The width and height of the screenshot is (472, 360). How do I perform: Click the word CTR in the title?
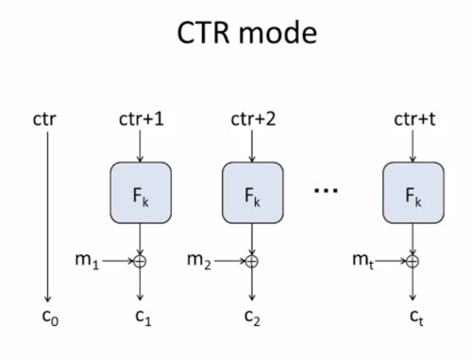pyautogui.click(x=204, y=33)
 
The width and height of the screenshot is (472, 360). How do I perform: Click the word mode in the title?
pyautogui.click(x=278, y=33)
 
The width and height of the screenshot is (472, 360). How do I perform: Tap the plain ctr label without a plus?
pyautogui.click(x=44, y=119)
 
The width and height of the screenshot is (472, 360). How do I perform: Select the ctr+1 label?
pyautogui.click(x=142, y=119)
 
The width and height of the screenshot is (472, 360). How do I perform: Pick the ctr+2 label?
pyautogui.click(x=253, y=119)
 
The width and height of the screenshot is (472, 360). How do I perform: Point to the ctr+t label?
pyautogui.click(x=414, y=119)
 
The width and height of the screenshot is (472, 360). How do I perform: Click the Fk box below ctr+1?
pyautogui.click(x=141, y=193)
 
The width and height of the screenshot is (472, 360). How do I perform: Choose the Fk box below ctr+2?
pyautogui.click(x=253, y=193)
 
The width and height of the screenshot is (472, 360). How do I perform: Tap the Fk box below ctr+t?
pyautogui.click(x=413, y=193)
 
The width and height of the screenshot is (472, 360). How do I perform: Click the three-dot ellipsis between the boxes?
pyautogui.click(x=326, y=190)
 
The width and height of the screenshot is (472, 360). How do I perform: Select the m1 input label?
pyautogui.click(x=87, y=261)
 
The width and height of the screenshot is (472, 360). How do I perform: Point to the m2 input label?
pyautogui.click(x=199, y=261)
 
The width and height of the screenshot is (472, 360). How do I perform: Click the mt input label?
pyautogui.click(x=363, y=261)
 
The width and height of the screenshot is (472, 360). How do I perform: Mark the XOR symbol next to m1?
pyautogui.click(x=140, y=261)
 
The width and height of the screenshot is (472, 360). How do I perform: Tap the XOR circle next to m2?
pyautogui.click(x=252, y=261)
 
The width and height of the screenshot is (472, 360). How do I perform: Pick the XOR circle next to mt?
pyautogui.click(x=413, y=261)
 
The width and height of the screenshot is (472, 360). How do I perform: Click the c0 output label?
pyautogui.click(x=50, y=317)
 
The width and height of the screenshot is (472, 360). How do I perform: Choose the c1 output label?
pyautogui.click(x=143, y=317)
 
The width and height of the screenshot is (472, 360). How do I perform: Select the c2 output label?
pyautogui.click(x=252, y=317)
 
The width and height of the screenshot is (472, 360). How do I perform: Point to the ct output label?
pyautogui.click(x=416, y=317)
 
